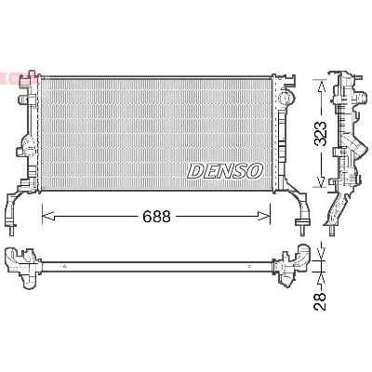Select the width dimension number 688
point(155,216)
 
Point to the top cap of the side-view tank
point(345,76)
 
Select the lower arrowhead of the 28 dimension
point(323,276)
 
